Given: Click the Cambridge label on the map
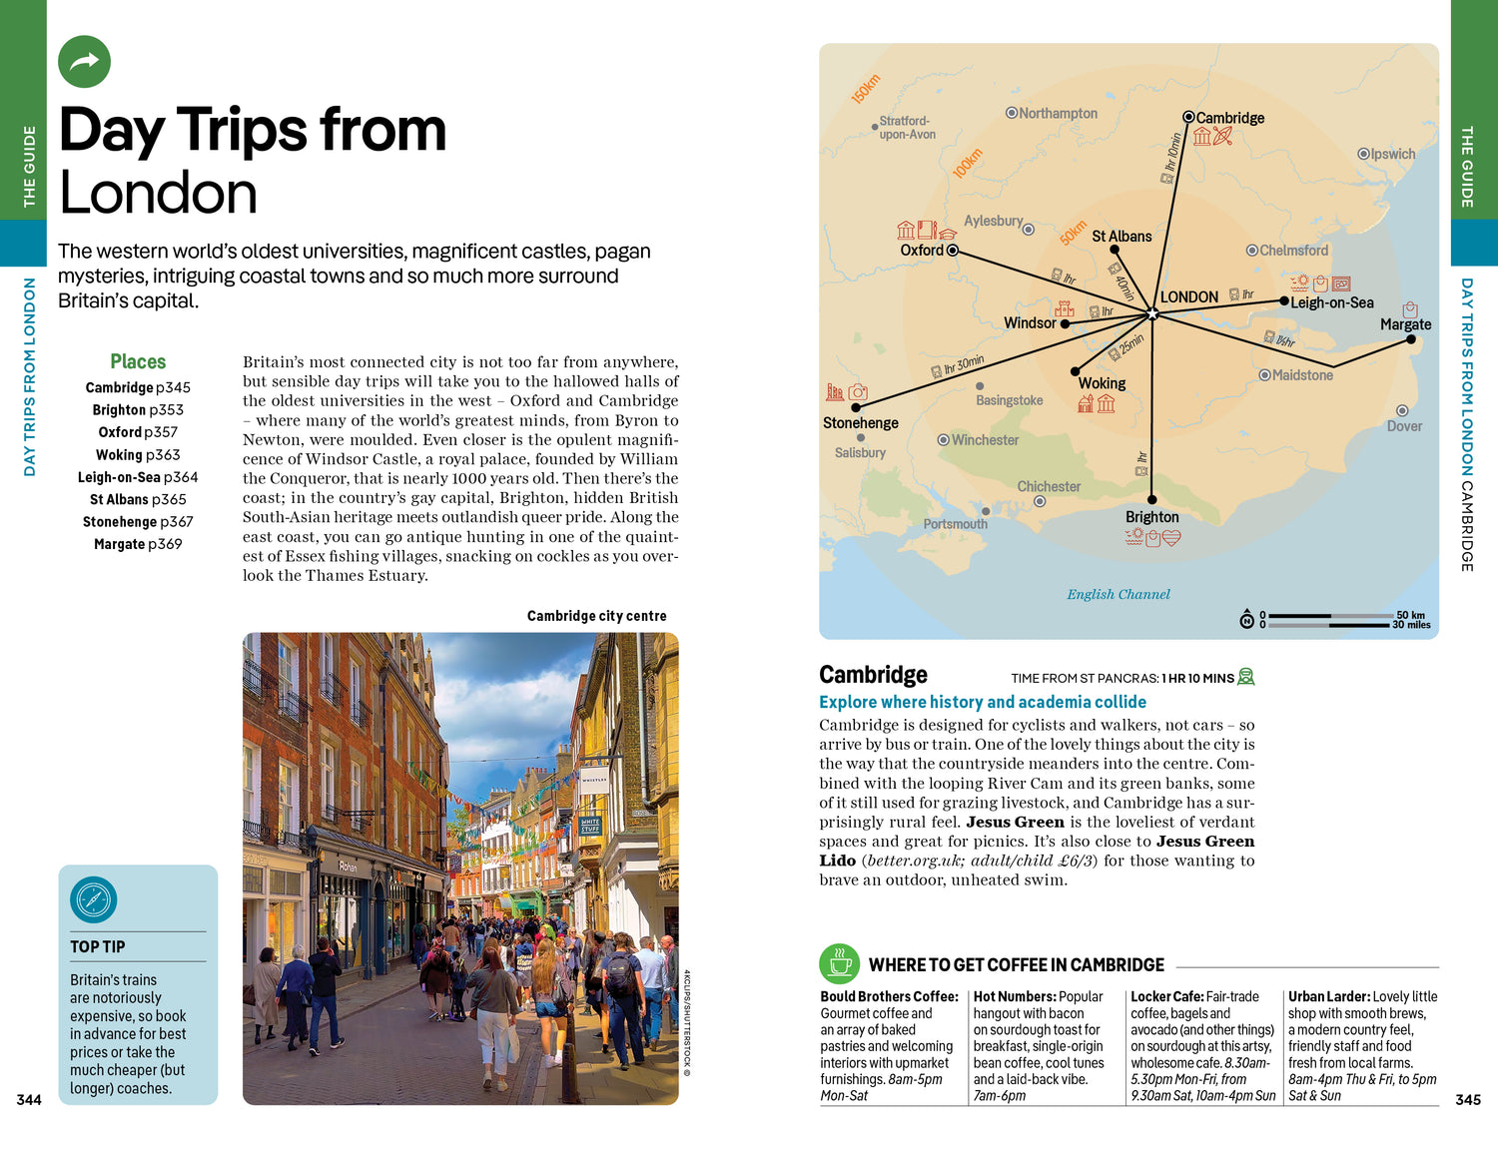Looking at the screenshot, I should click(1229, 118).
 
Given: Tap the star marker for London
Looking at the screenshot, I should click(1152, 313).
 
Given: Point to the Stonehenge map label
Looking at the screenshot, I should click(860, 423).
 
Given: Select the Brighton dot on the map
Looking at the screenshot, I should click(1151, 499).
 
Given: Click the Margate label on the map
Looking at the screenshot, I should click(1405, 324).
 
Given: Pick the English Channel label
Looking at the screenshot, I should click(1118, 594).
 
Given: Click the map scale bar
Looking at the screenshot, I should click(1329, 620).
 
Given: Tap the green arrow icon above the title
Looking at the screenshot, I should click(84, 62).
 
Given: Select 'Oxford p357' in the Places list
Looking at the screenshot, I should click(138, 432).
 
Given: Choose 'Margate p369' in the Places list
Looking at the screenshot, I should click(138, 544).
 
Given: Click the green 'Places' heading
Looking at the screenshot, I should click(138, 362).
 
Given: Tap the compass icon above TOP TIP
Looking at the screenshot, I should click(94, 899).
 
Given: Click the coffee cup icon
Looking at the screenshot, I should click(840, 964).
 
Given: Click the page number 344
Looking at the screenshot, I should click(29, 1100).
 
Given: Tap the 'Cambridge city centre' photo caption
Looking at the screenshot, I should click(596, 616).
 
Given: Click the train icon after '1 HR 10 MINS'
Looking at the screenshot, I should click(1245, 677).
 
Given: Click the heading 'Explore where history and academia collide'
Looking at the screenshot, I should click(982, 702).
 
